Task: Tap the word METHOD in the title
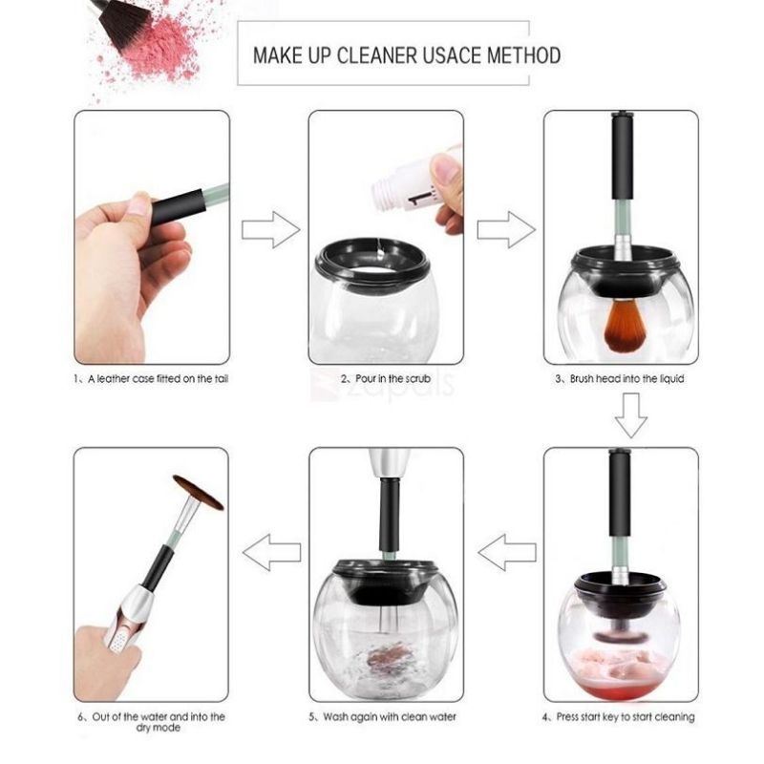coord(523,55)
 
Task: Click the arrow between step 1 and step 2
coord(271,229)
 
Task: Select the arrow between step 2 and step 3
coord(506,229)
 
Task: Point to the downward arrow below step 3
coord(631,415)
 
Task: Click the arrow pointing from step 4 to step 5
coord(507,553)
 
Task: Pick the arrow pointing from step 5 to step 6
coord(271,553)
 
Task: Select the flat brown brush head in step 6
coord(199,492)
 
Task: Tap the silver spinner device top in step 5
coord(389,463)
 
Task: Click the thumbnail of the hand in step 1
coord(139,204)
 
